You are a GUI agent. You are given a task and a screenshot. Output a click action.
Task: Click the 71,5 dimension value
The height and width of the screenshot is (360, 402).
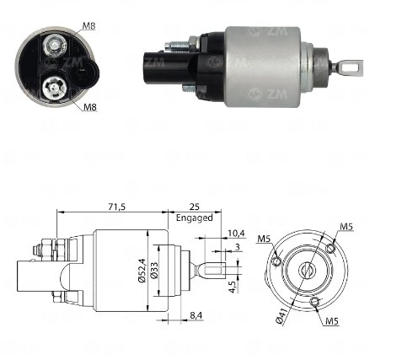(x=117, y=207)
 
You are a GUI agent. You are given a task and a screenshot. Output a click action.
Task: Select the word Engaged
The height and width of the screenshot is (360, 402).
(x=195, y=218)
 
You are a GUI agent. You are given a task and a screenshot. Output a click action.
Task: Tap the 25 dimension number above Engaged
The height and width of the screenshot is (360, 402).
(x=194, y=207)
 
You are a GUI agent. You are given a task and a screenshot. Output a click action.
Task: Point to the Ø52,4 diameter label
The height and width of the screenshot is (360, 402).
(x=142, y=271)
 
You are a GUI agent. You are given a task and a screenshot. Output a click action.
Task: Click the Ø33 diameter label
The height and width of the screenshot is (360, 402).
(x=154, y=271)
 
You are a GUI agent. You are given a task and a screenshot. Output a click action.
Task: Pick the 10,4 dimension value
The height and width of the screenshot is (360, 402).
(x=236, y=233)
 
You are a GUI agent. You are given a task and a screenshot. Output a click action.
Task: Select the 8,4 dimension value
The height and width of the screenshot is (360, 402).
(x=196, y=315)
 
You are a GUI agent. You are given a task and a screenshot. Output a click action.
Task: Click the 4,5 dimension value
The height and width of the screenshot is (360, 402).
(x=233, y=287)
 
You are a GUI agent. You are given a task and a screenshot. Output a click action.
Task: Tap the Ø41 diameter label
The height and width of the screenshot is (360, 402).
(x=281, y=316)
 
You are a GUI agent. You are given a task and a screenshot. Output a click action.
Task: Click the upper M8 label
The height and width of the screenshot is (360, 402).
(x=88, y=26)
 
